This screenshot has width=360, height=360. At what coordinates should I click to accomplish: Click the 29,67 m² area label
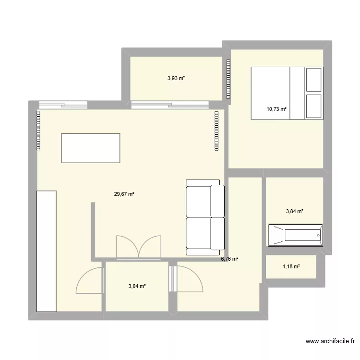coord(124,194)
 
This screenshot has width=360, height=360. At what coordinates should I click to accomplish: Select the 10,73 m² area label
coord(276,109)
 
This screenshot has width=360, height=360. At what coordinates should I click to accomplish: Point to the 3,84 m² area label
coord(295,211)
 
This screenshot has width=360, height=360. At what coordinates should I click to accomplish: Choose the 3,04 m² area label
coord(137,287)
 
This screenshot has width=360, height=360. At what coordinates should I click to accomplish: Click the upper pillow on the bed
coord(314,79)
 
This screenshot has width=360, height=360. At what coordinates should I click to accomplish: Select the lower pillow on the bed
coord(314,107)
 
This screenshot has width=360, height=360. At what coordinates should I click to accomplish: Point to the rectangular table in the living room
coord(90,148)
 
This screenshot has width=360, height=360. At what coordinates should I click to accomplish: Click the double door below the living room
coord(138,248)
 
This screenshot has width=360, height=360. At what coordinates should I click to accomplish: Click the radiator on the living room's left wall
coord(37,131)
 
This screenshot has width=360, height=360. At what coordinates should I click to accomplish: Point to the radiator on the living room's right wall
coord(217,131)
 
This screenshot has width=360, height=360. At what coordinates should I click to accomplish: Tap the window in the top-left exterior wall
coord(63,104)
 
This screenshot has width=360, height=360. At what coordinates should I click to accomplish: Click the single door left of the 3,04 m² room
coord(90,281)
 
